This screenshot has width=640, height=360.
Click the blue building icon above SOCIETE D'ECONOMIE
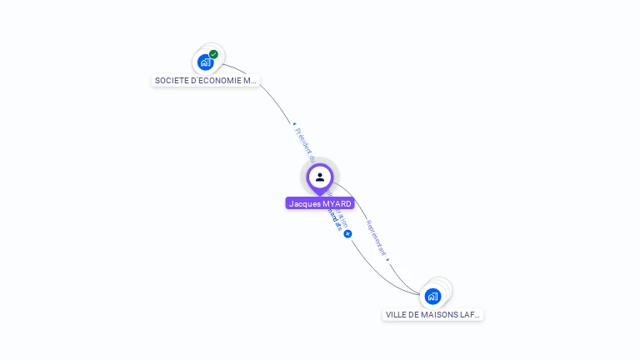click(206, 62)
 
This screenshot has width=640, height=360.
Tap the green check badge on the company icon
click(214, 54)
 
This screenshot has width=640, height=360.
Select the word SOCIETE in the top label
click(171, 81)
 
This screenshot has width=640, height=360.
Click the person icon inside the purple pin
click(320, 177)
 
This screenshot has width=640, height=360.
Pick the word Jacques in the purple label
click(304, 203)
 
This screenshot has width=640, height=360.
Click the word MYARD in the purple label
click(336, 203)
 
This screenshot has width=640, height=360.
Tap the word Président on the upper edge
click(301, 139)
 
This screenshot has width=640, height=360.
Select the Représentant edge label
click(377, 237)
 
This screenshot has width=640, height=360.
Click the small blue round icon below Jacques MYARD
click(347, 234)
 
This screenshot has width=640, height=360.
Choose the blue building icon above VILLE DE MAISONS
click(432, 296)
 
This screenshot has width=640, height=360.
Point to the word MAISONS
click(441, 315)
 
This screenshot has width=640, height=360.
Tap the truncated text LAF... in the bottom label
click(470, 315)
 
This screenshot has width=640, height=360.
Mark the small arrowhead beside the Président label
click(293, 124)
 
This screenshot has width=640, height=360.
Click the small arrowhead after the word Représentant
click(388, 259)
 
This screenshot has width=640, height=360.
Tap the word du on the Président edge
click(312, 157)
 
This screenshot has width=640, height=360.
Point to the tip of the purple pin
click(320, 195)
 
